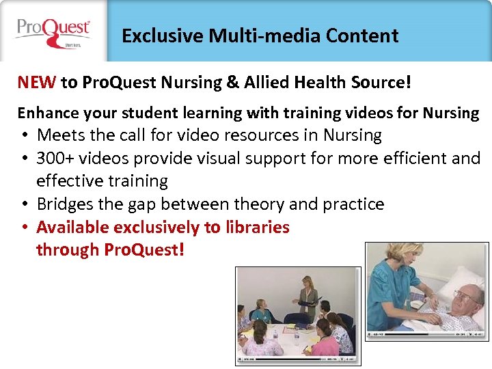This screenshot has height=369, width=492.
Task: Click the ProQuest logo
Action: (53, 31)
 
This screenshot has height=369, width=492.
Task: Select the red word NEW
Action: (37, 83)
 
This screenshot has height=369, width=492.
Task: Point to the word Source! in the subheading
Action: (385, 83)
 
